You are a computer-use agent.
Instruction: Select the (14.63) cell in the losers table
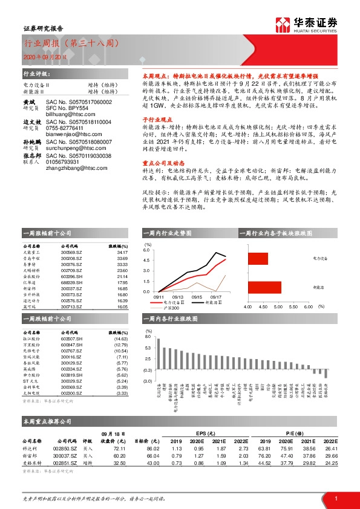point(121,339)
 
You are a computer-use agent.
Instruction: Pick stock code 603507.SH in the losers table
point(73,339)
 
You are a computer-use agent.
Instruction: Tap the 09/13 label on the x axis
point(178,297)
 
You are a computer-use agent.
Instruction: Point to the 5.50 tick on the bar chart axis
point(293,307)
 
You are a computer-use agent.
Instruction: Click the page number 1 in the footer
point(335,497)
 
